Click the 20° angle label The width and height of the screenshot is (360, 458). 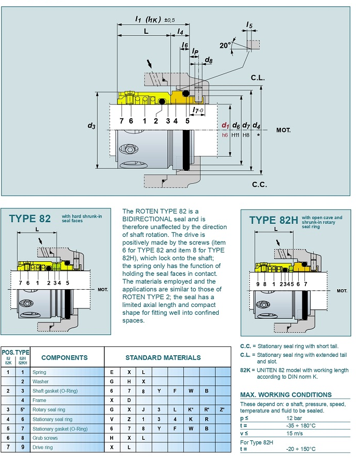225,46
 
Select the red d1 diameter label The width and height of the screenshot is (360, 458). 225,125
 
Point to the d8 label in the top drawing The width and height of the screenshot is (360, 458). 208,61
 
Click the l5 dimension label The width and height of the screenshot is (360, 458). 249,24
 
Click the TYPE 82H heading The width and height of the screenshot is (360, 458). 273,220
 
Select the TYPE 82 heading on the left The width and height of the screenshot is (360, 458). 30,219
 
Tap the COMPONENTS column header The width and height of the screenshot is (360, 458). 64,357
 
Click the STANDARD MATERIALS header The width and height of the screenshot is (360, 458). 163,357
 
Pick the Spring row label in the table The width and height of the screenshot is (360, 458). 39,372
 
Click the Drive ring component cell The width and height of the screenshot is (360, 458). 43,447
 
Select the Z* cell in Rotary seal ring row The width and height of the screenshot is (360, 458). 222,410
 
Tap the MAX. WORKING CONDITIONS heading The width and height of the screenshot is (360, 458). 286,395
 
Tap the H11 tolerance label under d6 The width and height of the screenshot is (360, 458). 236,134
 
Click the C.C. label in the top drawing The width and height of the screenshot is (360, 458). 259,184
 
